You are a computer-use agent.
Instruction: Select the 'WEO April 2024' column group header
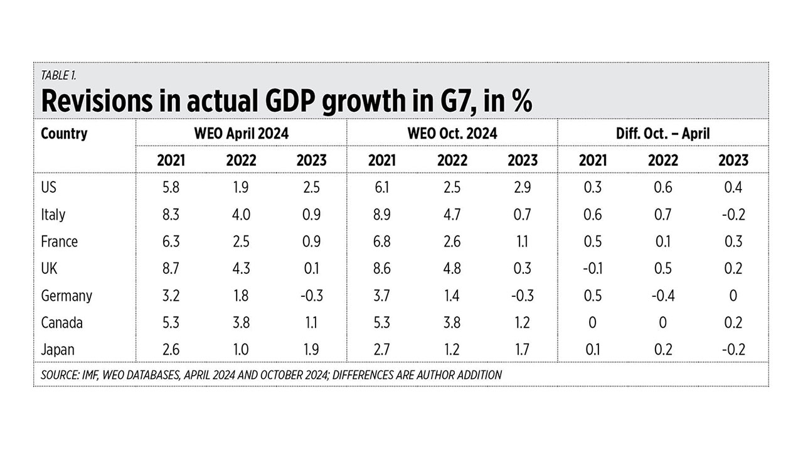(241, 134)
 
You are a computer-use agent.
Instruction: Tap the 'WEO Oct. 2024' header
(452, 134)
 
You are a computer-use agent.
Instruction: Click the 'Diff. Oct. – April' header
(662, 134)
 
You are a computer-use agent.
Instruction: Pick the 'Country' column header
(64, 134)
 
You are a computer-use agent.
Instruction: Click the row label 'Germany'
(66, 296)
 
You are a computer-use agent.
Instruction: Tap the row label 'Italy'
(53, 215)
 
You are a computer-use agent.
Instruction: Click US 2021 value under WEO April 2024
(171, 188)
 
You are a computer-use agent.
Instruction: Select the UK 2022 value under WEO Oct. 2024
(452, 269)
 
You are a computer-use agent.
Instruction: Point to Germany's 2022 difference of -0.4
(662, 296)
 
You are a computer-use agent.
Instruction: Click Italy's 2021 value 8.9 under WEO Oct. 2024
(381, 215)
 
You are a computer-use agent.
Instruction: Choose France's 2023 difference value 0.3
(733, 242)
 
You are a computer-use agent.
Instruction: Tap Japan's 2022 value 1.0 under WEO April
(241, 350)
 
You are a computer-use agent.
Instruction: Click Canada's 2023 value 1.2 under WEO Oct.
(522, 323)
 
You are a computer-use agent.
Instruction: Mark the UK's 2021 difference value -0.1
(592, 269)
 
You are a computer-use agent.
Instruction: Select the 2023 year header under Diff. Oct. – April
(733, 160)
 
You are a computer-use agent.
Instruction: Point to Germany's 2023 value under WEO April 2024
(311, 296)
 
